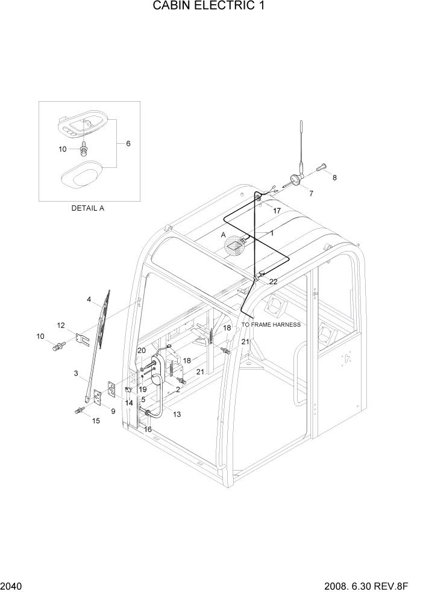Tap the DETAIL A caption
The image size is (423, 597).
tap(88, 208)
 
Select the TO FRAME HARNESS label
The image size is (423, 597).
tap(271, 325)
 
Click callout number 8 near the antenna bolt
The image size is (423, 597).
tap(335, 178)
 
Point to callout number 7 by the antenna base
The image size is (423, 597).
tap(311, 193)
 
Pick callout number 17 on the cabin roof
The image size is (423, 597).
tap(277, 211)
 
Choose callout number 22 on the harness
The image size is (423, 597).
tap(273, 282)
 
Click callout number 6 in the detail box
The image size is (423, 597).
tap(128, 143)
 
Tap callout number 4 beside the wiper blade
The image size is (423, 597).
tap(89, 299)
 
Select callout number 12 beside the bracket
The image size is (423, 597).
tap(61, 325)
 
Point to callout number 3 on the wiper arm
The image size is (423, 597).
tap(76, 374)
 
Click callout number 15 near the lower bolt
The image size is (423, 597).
tap(96, 421)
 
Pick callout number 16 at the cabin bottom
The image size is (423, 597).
tap(148, 429)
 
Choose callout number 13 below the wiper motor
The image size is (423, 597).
tap(177, 414)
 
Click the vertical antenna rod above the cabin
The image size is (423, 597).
tap(301, 144)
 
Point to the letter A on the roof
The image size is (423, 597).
tap(223, 235)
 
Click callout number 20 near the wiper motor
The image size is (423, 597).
tap(142, 350)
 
